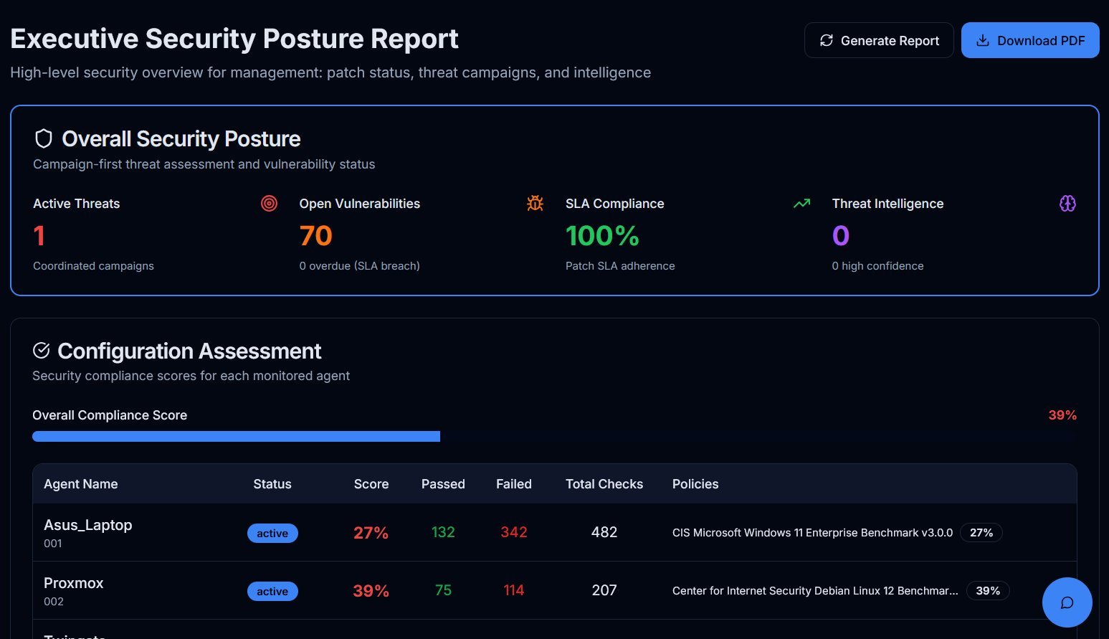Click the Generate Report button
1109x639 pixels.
(x=879, y=40)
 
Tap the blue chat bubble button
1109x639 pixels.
(x=1067, y=602)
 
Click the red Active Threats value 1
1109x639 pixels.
(x=39, y=236)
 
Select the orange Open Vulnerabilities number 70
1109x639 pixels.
(x=315, y=236)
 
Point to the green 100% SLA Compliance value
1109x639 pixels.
(x=602, y=236)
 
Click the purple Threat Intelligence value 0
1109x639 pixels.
(x=840, y=236)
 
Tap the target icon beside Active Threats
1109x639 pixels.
(x=269, y=204)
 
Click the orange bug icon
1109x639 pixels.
(x=535, y=204)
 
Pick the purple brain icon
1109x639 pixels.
(x=1067, y=204)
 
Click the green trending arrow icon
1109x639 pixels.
(x=801, y=204)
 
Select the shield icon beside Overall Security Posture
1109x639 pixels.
(x=44, y=138)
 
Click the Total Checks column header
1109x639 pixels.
(x=604, y=484)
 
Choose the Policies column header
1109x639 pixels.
(x=695, y=484)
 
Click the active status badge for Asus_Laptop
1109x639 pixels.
(x=272, y=534)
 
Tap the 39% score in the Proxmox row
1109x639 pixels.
(x=371, y=591)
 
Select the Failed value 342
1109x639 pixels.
(x=513, y=532)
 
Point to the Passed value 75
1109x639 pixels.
(x=443, y=590)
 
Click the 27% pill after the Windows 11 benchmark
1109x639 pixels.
(x=981, y=533)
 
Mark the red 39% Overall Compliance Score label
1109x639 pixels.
(x=1062, y=415)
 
